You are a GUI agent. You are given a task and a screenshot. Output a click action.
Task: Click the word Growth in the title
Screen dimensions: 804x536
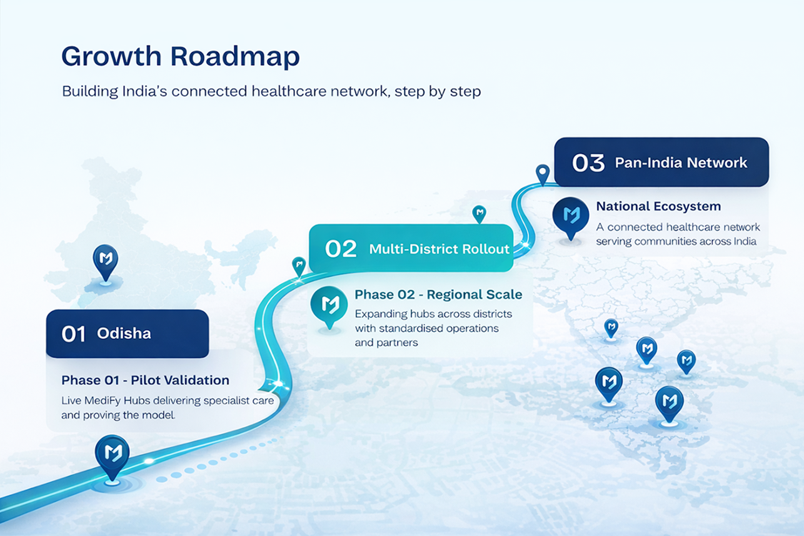click(x=112, y=56)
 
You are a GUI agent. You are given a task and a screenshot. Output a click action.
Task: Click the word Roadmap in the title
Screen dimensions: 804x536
click(x=235, y=56)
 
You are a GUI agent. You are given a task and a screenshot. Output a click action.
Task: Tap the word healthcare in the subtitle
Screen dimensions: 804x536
click(x=289, y=91)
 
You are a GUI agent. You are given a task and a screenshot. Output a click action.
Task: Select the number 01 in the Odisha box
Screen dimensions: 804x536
click(x=74, y=334)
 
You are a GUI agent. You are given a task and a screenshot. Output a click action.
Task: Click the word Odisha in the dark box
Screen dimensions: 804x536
click(x=124, y=334)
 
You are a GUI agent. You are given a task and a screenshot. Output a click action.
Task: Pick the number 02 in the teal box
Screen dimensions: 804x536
click(x=341, y=249)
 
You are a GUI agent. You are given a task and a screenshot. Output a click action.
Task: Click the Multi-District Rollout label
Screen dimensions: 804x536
click(x=440, y=249)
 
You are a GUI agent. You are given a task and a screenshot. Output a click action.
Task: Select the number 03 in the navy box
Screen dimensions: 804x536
click(x=588, y=163)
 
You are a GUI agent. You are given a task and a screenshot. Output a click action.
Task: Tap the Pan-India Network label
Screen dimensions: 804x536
click(x=681, y=163)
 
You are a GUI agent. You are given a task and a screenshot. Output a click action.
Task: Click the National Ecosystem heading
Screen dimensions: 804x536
click(x=658, y=206)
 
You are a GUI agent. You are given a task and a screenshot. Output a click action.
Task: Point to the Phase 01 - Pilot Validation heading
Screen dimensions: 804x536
click(x=145, y=380)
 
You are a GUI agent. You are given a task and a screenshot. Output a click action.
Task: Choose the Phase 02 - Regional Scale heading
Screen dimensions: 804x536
click(x=438, y=294)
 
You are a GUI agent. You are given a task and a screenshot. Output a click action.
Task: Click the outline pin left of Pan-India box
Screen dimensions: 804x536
click(x=542, y=174)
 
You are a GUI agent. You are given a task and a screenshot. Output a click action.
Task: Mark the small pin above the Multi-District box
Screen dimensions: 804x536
click(x=479, y=214)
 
